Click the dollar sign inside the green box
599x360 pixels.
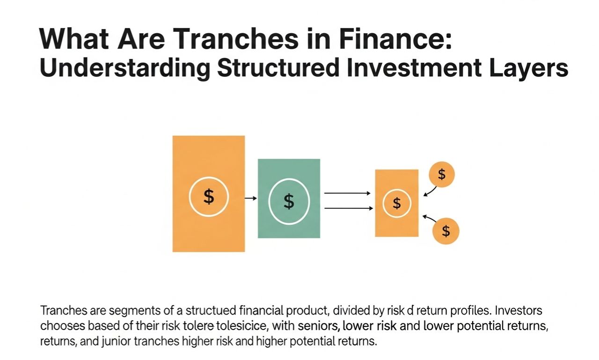tap(289, 201)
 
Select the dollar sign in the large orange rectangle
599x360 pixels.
tap(209, 197)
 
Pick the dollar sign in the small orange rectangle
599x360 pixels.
tap(397, 203)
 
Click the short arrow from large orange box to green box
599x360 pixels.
tap(251, 198)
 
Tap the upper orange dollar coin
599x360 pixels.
tap(441, 175)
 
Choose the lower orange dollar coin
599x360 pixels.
tap(446, 231)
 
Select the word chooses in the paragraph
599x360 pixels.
tap(60, 325)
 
